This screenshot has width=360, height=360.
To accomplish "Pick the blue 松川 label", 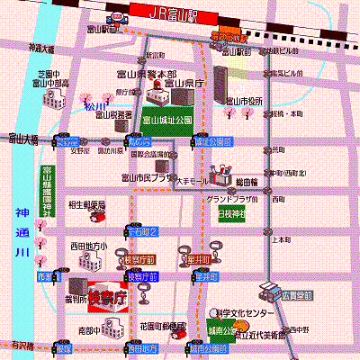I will tap(94, 106).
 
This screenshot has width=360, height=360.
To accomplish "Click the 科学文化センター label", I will tap(244, 312).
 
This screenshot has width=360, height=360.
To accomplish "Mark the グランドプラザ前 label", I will tap(233, 198).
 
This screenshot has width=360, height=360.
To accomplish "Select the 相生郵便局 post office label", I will tap(87, 205).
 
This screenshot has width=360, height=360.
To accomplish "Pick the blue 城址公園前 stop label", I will tap(213, 141).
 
